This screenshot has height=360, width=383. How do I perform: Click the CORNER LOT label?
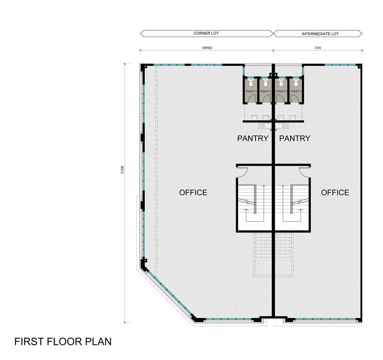[x=206, y=33]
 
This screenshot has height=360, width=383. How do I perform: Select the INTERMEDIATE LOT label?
[x=320, y=34]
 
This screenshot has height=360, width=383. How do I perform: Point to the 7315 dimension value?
[x=318, y=48]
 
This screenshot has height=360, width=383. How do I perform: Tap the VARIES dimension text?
[x=207, y=48]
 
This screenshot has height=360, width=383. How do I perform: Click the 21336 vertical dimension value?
[x=123, y=169]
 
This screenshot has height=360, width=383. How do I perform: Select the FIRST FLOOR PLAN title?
[x=63, y=342]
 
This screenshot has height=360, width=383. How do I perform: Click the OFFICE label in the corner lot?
[x=193, y=192]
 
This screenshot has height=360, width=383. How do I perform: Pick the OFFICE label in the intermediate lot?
[x=335, y=192]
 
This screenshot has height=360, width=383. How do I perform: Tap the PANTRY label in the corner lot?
[x=253, y=138]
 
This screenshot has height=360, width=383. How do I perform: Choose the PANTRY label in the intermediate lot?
[x=295, y=138]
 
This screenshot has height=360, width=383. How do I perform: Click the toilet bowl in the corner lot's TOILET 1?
[x=250, y=83]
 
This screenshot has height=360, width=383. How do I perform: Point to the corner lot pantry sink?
[x=265, y=126]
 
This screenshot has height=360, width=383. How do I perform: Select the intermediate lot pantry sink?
[x=282, y=126]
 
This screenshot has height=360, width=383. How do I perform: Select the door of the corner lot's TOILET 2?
[x=266, y=99]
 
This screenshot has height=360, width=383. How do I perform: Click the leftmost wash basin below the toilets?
[x=254, y=118]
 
